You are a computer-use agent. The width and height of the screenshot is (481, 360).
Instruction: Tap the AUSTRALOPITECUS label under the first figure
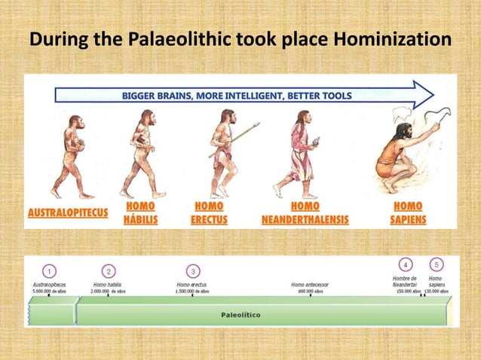(x=68, y=213)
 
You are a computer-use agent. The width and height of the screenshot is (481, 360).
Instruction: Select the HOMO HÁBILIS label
(x=141, y=212)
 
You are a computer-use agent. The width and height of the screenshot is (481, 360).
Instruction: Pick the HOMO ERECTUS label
(x=209, y=212)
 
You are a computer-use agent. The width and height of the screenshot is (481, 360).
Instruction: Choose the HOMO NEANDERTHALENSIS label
(x=305, y=212)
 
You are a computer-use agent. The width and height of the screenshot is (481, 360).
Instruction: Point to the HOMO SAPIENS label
(x=409, y=212)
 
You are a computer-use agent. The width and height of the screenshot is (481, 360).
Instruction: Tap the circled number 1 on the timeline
(x=50, y=270)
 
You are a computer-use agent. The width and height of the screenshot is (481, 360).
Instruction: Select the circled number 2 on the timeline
(x=109, y=270)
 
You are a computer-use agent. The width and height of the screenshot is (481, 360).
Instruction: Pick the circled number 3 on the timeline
(x=194, y=270)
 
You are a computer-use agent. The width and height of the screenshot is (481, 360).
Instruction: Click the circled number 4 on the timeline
(x=406, y=265)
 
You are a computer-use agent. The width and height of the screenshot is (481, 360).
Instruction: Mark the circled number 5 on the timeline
(x=435, y=265)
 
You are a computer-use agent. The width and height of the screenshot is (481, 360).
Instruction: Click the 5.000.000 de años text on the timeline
(x=50, y=291)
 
